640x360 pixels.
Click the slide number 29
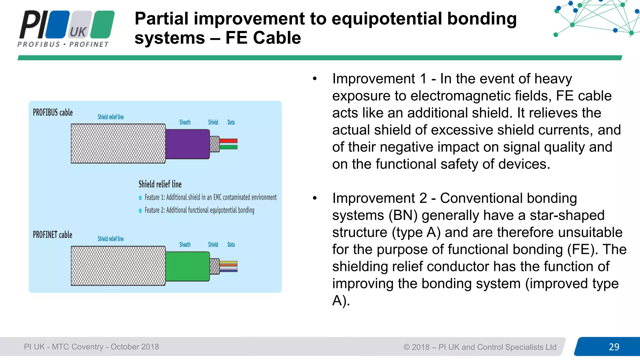tap(614, 347)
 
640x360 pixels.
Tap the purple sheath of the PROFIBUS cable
tap(187, 144)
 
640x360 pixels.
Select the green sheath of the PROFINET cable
tap(187, 266)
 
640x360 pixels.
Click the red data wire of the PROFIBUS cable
tap(228, 141)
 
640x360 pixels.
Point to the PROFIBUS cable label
tap(53, 112)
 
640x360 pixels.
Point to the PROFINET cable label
tap(52, 235)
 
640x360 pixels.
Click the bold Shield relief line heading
tap(160, 184)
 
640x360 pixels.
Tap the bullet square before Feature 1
tap(140, 198)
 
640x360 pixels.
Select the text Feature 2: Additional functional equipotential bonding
tap(199, 210)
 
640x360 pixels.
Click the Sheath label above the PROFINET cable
tap(185, 245)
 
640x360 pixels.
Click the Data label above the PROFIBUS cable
tap(231, 122)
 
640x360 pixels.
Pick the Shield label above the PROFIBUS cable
tap(213, 122)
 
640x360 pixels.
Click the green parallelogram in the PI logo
tap(104, 24)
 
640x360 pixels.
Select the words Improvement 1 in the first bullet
tap(379, 79)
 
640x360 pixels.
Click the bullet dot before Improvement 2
tap(315, 198)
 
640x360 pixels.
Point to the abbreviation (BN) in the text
tap(403, 215)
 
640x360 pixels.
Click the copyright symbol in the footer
tap(406, 347)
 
